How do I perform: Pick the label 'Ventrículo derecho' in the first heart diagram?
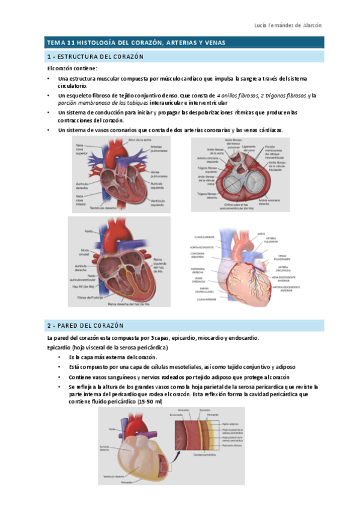coord(103,208)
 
